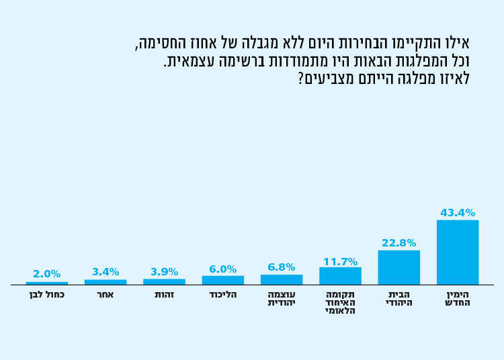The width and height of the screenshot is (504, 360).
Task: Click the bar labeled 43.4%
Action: [458, 252]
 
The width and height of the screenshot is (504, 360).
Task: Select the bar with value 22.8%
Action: [398, 267]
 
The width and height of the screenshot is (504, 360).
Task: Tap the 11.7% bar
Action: [340, 276]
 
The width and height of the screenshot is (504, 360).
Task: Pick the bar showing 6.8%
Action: [282, 279]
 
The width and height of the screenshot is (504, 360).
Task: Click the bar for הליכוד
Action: [222, 280]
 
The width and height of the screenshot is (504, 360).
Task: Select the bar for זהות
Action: [164, 281]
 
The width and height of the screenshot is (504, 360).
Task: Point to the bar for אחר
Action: [106, 282]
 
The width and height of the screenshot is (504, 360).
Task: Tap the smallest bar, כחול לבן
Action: [46, 283]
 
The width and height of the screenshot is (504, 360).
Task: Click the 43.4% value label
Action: [458, 213]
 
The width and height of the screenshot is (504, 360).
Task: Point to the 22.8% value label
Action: [398, 243]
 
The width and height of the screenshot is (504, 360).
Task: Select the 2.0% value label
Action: [46, 274]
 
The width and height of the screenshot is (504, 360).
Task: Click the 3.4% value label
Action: [106, 272]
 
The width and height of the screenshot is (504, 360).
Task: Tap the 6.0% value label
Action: [222, 269]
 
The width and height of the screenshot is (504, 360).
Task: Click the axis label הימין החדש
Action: [458, 299]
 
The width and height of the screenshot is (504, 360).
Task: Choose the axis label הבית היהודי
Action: [398, 299]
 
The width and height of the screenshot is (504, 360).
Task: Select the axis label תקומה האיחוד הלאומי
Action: [340, 303]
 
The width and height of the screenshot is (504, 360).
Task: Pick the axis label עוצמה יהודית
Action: [282, 299]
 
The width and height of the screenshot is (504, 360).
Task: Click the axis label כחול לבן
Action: [46, 295]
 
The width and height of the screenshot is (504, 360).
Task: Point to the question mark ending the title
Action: [300, 79]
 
